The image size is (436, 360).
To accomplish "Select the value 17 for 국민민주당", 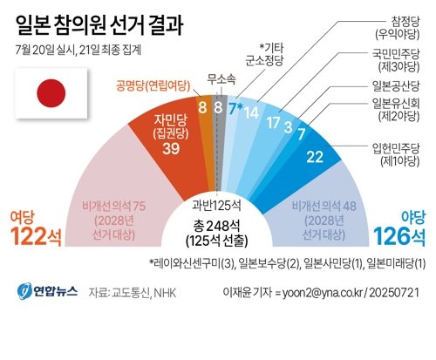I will pos(273,122).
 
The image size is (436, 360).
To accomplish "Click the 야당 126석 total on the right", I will pos(399,229).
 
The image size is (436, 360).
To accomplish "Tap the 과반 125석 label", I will pos(218,206).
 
